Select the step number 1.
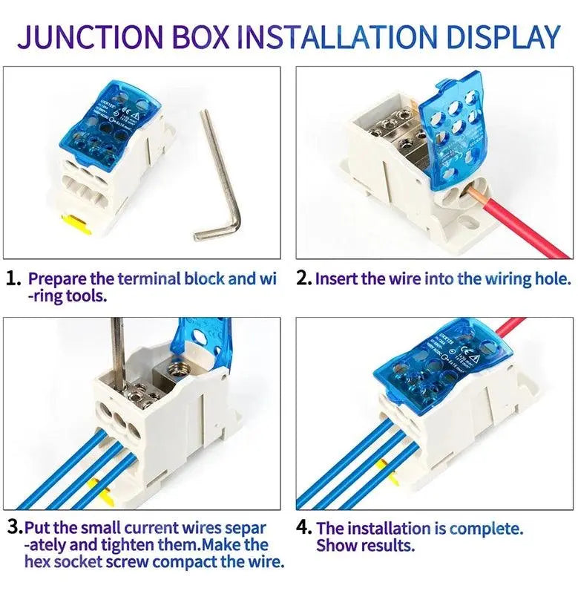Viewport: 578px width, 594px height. pyautogui.click(x=13, y=280)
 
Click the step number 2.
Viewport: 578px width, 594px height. pyautogui.click(x=303, y=279)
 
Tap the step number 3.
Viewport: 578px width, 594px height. pyautogui.click(x=13, y=529)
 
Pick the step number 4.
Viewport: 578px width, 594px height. pyautogui.click(x=303, y=529)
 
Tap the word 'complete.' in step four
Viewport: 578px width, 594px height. pyautogui.click(x=486, y=529)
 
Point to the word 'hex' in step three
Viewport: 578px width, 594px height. pyautogui.click(x=38, y=562)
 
